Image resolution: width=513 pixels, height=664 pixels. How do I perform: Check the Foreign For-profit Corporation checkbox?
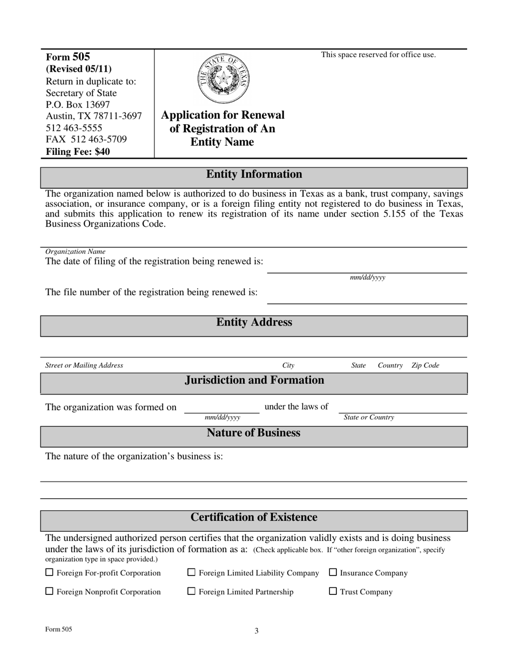click(49, 573)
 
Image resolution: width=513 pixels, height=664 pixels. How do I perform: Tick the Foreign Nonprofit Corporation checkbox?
click(49, 592)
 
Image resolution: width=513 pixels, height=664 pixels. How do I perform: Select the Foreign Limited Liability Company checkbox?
click(191, 573)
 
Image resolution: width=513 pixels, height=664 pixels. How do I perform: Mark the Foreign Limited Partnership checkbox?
click(191, 592)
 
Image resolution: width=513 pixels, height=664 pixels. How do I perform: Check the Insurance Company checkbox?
click(333, 573)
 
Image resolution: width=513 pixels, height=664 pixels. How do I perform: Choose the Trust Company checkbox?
click(333, 592)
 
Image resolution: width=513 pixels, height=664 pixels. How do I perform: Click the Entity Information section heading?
click(254, 174)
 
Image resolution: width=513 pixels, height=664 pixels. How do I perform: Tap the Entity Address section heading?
click(254, 322)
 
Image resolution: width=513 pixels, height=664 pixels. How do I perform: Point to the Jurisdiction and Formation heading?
click(254, 380)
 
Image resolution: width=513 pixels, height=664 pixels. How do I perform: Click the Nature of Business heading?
click(254, 433)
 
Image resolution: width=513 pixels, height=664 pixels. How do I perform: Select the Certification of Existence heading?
click(254, 518)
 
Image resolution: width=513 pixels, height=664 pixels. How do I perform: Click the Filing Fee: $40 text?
click(78, 152)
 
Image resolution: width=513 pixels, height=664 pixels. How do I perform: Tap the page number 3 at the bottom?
click(256, 631)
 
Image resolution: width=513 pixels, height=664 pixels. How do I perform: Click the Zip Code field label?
click(425, 365)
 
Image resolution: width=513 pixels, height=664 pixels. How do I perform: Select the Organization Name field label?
click(75, 252)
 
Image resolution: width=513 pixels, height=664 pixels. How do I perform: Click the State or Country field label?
click(369, 418)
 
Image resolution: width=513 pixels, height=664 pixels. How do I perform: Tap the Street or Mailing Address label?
click(84, 365)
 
